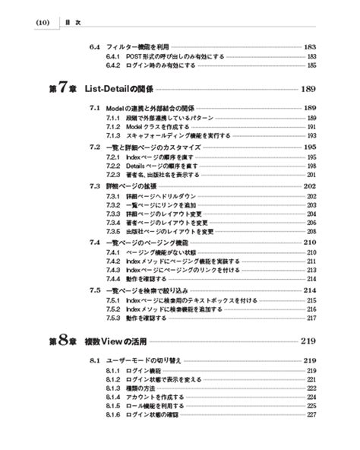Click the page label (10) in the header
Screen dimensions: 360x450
[42, 23]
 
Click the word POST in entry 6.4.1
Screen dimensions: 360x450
[133, 56]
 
